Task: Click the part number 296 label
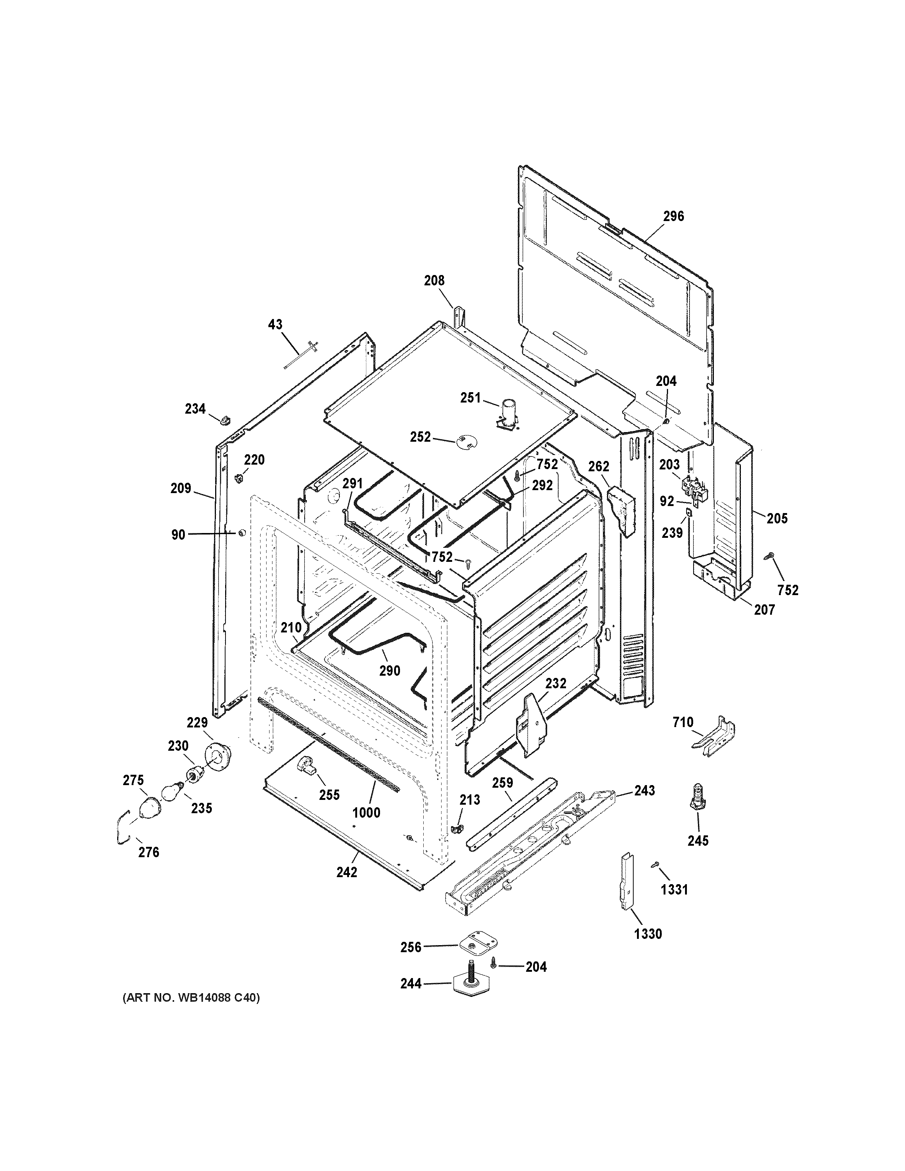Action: tap(673, 216)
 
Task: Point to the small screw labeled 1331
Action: tap(655, 864)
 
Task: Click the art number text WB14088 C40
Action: tap(191, 998)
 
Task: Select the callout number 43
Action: tap(275, 325)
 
